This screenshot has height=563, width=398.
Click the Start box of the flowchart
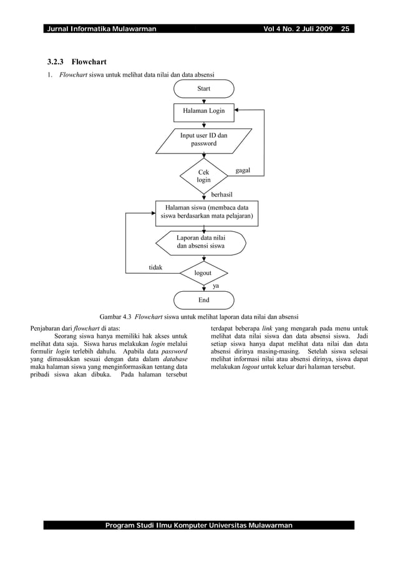click(203, 89)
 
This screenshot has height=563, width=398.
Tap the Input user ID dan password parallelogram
click(203, 139)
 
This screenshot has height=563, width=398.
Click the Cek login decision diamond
click(204, 176)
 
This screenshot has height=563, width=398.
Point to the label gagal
click(242, 169)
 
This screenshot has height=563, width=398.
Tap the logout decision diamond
click(203, 273)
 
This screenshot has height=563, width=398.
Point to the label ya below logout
click(216, 286)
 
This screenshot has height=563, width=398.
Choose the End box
click(203, 299)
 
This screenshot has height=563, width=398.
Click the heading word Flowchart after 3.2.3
click(88, 62)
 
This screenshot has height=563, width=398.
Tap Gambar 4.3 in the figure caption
click(115, 315)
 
